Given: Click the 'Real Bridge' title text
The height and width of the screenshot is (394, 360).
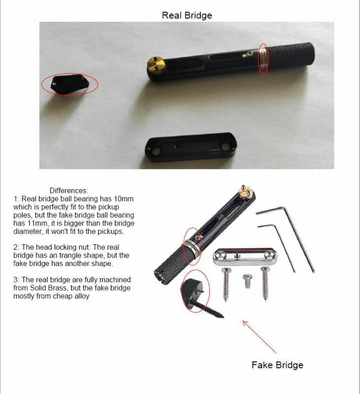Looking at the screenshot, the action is coord(187,15).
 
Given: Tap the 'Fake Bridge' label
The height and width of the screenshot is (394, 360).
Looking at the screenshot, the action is coord(277,365).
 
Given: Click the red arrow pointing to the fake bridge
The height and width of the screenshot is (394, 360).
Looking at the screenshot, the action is coord(259,337).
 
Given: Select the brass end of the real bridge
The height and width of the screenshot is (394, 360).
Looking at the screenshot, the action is coord(156,64).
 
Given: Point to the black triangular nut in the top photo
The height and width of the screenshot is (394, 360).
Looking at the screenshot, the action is coord(69,84).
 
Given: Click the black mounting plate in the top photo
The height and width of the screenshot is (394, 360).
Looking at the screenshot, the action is coord(191,147).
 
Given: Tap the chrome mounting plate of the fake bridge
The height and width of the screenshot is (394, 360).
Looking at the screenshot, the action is coord(245,257).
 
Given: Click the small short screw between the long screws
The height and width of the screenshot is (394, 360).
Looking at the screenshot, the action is coord(247,281).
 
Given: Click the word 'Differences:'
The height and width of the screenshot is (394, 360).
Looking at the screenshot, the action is coord(68,191).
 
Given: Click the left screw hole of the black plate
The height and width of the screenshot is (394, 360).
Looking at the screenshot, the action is coord(156,151).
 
